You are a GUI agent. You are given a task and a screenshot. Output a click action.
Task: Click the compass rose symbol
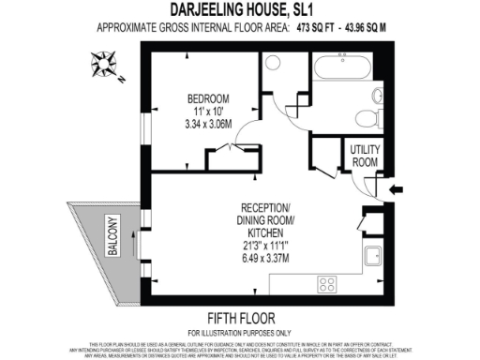pos(103,65)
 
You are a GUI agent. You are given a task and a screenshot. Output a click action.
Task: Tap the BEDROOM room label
pos(207,99)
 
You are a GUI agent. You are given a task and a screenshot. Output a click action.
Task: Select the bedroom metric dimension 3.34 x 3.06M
pos(207,122)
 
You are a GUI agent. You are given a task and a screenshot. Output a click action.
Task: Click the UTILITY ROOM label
pos(366,155)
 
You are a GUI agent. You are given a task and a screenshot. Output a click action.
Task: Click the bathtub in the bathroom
pos(342,68)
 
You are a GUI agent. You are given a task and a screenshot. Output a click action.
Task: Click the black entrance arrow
pos(397,190)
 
